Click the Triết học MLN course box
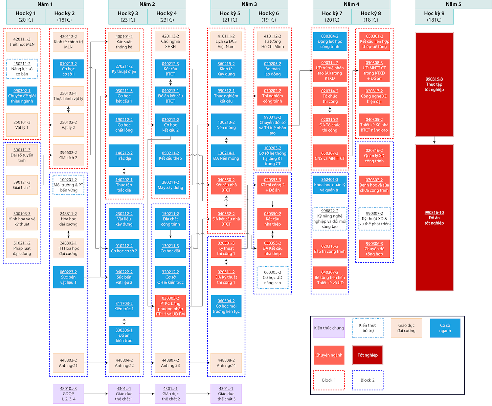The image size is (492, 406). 22,42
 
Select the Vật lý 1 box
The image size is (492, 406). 22,125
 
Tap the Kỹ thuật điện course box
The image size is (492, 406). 124,69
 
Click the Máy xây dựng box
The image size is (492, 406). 170,185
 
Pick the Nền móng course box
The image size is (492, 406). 226,125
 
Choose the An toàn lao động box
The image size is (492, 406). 272,69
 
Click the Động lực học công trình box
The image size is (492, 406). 330,41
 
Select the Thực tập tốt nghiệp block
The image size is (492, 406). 434,84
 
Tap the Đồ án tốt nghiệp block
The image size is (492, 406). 434,218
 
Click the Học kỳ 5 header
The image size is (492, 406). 230,17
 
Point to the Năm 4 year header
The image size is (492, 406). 351,4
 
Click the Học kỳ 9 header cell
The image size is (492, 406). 434,17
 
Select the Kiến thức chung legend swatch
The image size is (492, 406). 329,328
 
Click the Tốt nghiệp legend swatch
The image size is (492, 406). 367,355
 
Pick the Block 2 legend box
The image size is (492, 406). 367,380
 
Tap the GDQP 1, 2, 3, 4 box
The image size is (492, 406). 68,393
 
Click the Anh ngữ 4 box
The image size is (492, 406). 226,363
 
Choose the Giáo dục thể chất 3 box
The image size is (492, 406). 226,393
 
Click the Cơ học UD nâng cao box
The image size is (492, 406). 272,277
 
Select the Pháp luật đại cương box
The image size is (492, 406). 22,248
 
